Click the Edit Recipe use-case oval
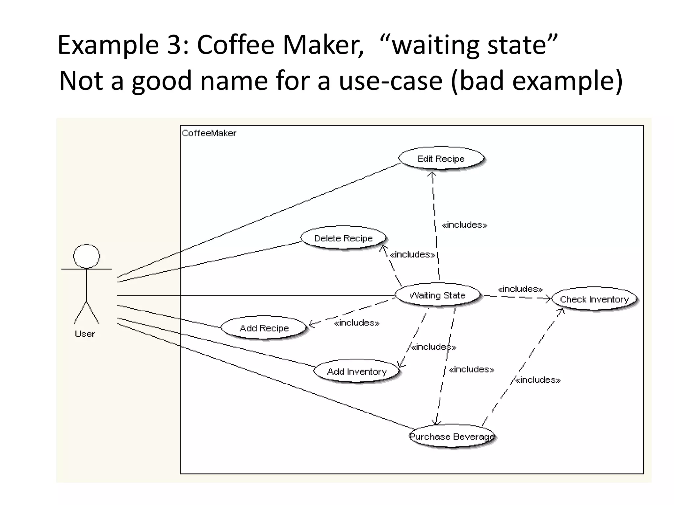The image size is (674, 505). coord(441,158)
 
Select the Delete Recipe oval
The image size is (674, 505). coord(343,238)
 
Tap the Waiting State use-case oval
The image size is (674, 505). coord(437,295)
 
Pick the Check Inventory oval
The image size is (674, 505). coord(594,299)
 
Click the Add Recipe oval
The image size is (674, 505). coord(264,328)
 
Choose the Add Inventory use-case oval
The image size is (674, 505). coord(357,372)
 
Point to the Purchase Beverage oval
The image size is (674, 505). coord(452,436)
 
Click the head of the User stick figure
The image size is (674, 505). coord(86,256)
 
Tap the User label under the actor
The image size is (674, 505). coord(85,334)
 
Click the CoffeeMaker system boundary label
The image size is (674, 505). coord(209,133)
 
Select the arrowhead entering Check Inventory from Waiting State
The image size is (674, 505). coord(549,299)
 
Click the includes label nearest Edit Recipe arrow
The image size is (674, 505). coord(464,225)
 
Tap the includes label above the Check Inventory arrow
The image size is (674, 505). coord(520,289)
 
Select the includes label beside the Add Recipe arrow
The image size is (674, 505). coord(357,323)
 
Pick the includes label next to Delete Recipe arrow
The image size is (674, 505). coord(412,254)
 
